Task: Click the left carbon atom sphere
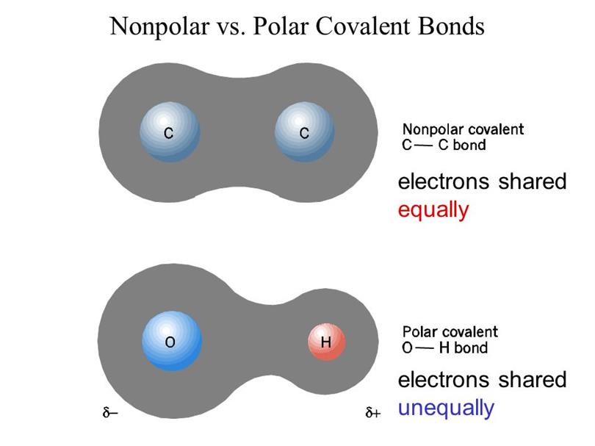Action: [x=170, y=132]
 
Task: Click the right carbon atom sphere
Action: [x=304, y=132]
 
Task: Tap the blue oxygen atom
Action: [x=172, y=341]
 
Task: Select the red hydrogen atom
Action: [x=327, y=342]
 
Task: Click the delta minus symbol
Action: [x=110, y=412]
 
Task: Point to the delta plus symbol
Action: [x=372, y=412]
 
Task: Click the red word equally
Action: [x=433, y=211]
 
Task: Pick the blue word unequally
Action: [x=446, y=409]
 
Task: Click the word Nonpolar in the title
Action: [x=159, y=26]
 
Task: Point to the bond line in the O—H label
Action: [x=424, y=348]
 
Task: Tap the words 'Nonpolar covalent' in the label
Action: [x=463, y=129]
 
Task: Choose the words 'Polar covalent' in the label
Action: [x=450, y=332]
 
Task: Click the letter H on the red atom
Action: [x=326, y=342]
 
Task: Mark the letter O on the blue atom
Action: [x=170, y=342]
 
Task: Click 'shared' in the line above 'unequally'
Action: [x=532, y=380]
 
